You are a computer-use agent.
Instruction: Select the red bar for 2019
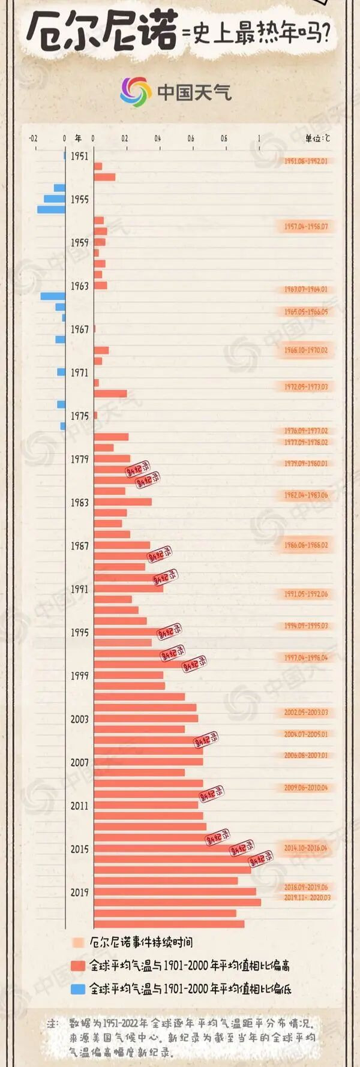click(x=175, y=892)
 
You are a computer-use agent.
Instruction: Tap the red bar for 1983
click(x=122, y=502)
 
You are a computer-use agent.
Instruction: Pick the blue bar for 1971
click(x=61, y=372)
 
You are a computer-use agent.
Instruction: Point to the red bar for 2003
click(x=146, y=719)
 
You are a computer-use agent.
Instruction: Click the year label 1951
click(x=79, y=156)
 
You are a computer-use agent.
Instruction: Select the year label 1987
click(x=79, y=546)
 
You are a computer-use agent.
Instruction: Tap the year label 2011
click(x=79, y=805)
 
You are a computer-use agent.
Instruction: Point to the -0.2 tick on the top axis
click(x=33, y=139)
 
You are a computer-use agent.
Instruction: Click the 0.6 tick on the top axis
click(x=191, y=139)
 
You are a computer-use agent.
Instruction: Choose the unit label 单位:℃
click(x=317, y=139)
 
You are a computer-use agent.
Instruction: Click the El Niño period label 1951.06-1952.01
click(x=306, y=161)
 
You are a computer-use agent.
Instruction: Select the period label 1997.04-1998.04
click(x=306, y=658)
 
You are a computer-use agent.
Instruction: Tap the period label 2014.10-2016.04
click(x=306, y=848)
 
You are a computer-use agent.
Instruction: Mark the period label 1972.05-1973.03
click(x=306, y=387)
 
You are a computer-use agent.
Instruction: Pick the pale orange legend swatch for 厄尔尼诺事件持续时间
click(x=78, y=942)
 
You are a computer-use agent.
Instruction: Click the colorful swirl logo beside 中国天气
click(x=136, y=92)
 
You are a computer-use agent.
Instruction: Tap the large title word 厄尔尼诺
click(x=102, y=31)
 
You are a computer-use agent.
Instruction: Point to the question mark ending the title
click(x=325, y=34)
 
